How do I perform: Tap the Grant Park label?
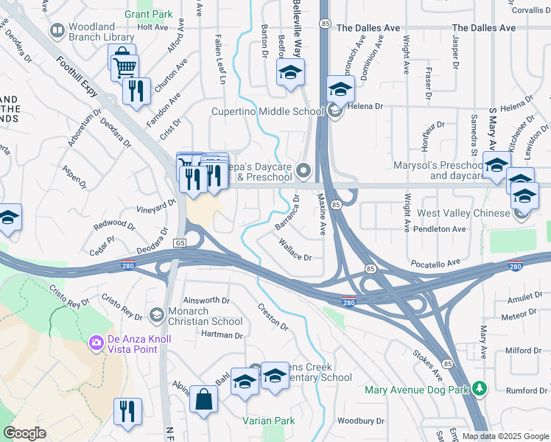(x=148, y=14)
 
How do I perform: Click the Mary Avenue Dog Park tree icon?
(x=480, y=387)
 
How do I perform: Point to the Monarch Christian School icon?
(x=156, y=315)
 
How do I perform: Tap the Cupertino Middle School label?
(x=267, y=112)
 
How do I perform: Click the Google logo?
(x=24, y=433)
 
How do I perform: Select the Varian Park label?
(x=269, y=421)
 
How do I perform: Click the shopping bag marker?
(x=203, y=400)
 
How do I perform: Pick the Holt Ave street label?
(x=152, y=27)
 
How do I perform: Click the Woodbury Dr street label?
(x=357, y=421)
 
